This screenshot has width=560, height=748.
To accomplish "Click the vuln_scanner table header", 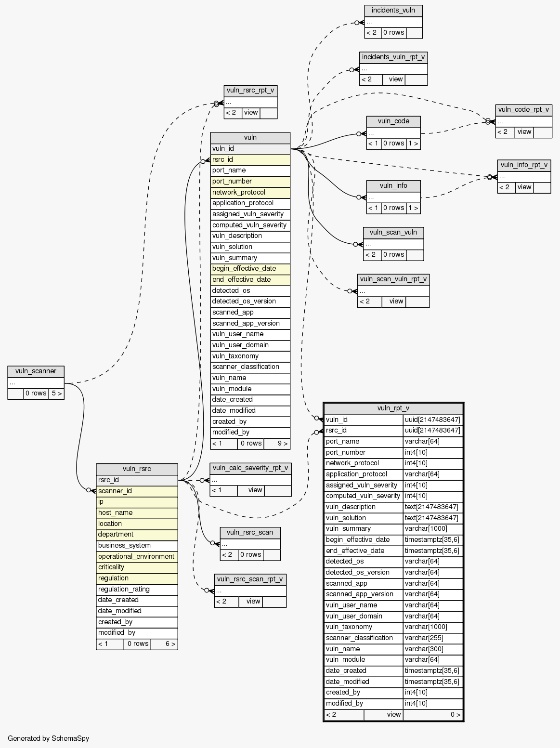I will tap(36, 371).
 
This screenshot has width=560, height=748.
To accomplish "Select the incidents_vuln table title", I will tap(393, 11).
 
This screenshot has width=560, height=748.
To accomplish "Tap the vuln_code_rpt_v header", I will tap(523, 110).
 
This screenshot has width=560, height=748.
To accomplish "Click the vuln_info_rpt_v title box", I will tap(524, 165).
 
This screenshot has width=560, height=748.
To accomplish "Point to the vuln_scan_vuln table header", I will tap(393, 233).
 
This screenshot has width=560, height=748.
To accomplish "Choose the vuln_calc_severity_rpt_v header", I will tap(250, 468).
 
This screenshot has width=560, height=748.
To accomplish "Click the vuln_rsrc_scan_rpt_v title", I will tap(250, 579).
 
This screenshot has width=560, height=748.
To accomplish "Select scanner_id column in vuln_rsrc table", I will tap(137, 491).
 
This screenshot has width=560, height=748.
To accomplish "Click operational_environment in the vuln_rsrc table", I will tap(137, 557).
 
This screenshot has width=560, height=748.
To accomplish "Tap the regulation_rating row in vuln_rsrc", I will tap(137, 590).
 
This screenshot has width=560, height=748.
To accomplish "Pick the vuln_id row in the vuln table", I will tap(250, 149).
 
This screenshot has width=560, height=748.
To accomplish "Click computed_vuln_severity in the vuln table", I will tap(250, 225).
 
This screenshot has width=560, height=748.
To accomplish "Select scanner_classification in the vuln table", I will tap(250, 367).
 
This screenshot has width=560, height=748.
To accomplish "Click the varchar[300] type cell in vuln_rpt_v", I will tap(433, 649).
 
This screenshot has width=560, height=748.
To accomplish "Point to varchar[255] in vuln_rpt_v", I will tap(433, 638).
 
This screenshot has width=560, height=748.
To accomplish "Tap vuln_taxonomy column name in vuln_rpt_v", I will tap(364, 627).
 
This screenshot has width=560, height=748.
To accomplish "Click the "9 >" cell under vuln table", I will tap(276, 444).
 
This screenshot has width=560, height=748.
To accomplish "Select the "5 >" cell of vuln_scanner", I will tap(56, 394).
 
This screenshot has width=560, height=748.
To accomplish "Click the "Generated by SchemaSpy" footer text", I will tap(48, 738).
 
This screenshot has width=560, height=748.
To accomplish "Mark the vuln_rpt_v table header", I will tap(393, 408).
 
